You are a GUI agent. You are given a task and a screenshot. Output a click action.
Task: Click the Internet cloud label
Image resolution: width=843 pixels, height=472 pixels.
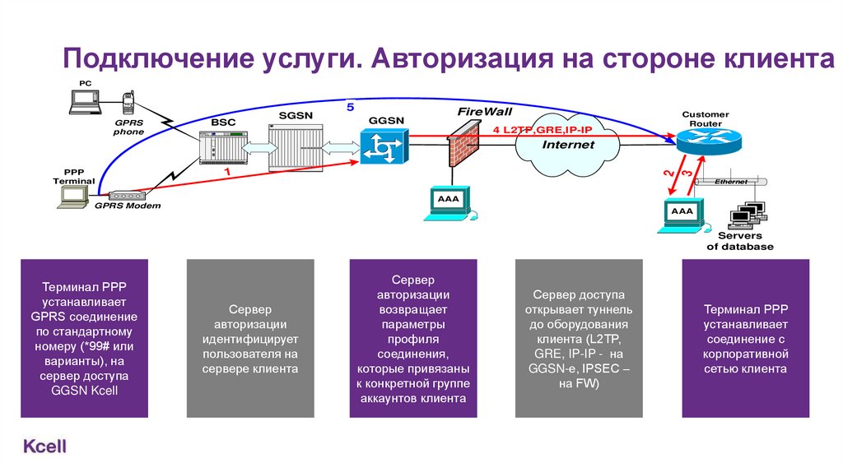[568, 145]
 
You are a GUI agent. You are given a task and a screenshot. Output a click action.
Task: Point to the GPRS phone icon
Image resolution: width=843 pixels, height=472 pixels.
[128, 104]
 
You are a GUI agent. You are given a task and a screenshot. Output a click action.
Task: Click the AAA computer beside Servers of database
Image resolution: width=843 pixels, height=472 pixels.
[682, 215]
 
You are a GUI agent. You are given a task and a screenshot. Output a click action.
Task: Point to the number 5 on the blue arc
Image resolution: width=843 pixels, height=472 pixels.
[350, 107]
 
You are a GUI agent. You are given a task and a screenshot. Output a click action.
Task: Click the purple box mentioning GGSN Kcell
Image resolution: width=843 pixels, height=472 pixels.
[85, 339]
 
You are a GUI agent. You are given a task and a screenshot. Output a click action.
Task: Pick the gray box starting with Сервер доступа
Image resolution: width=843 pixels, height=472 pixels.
[578, 339]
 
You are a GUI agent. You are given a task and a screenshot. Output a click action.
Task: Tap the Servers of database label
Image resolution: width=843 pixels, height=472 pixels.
[740, 241]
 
